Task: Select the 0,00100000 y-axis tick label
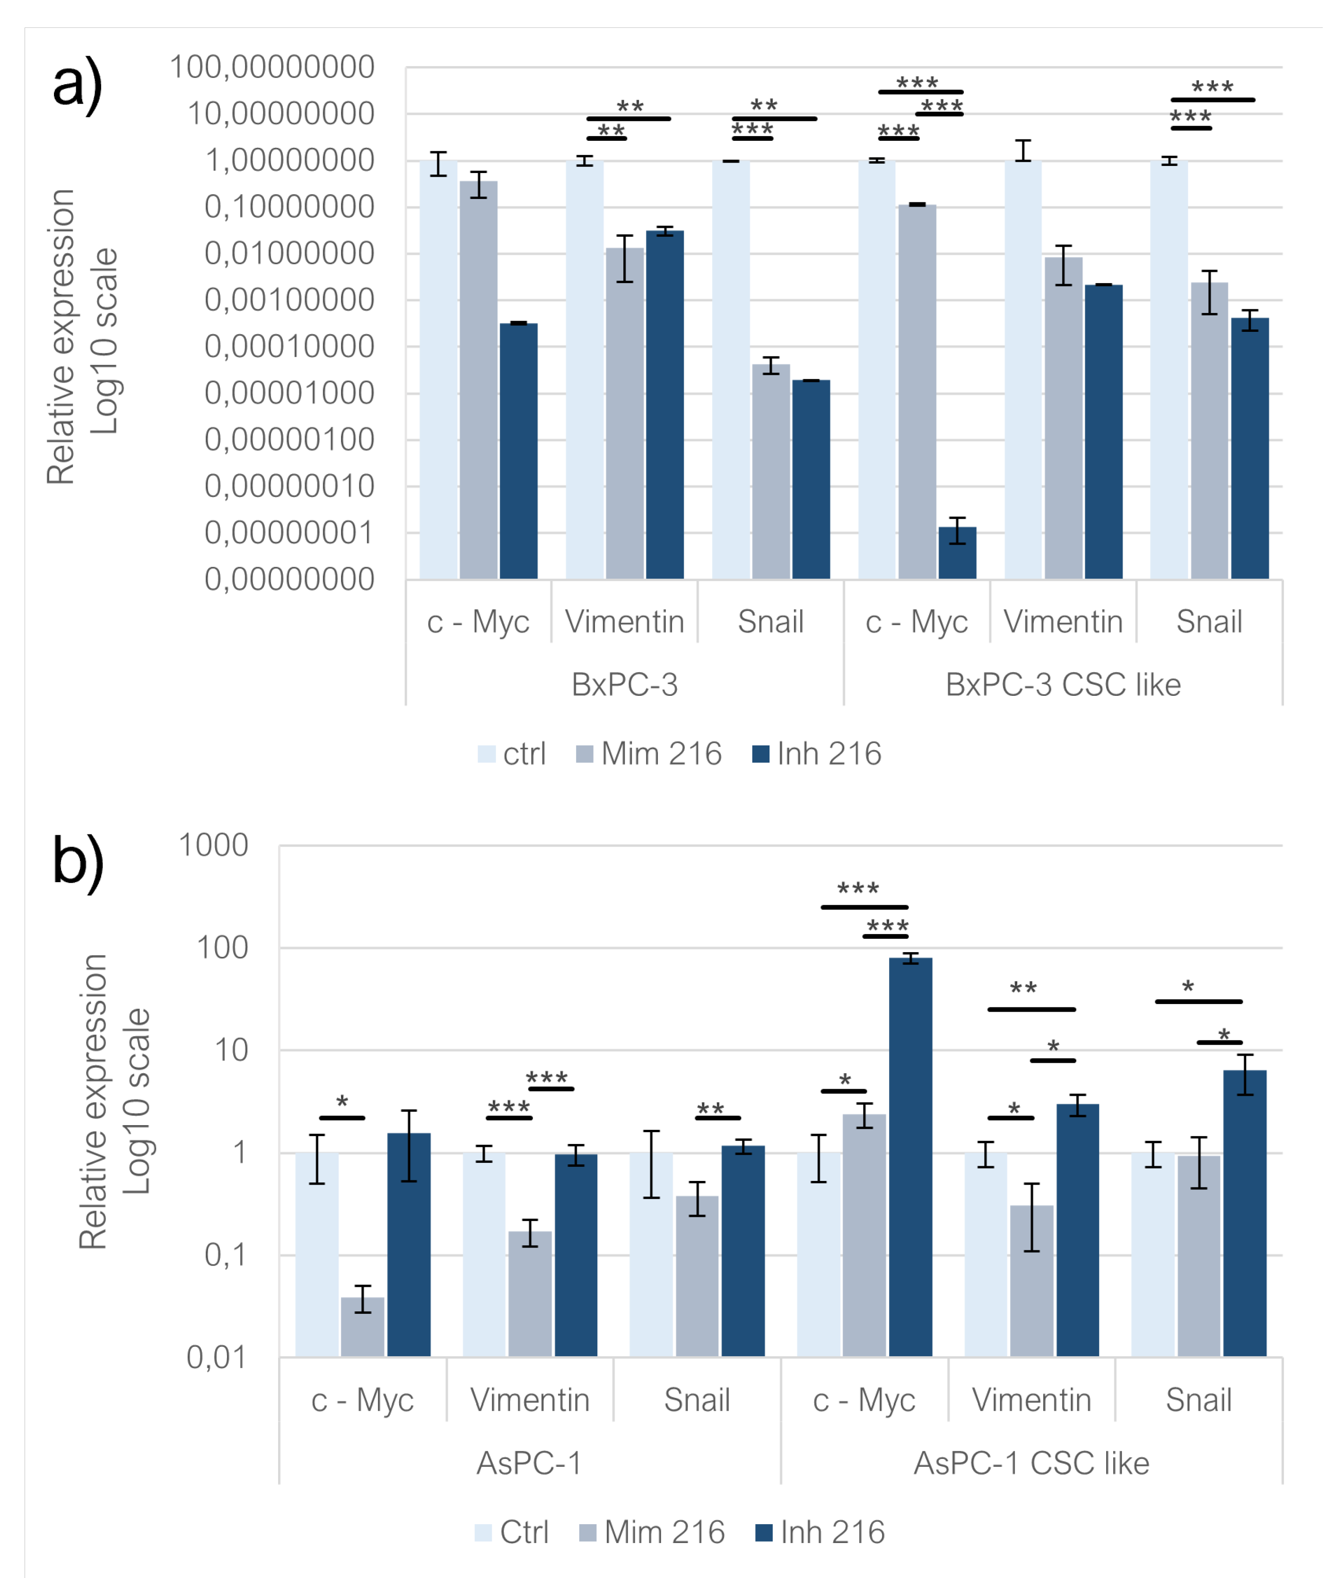(289, 301)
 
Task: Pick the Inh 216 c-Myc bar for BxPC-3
(519, 451)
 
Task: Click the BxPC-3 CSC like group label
(1063, 685)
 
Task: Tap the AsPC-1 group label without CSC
(529, 1463)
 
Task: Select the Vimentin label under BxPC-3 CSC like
(1063, 623)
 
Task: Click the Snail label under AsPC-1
(697, 1400)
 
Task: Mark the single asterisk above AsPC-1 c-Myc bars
(342, 1102)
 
